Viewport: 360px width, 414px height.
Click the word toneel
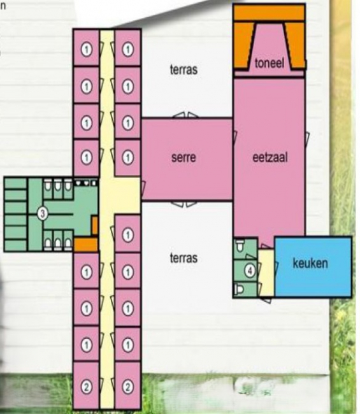coord(270,63)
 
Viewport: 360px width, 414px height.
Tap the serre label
coord(184,157)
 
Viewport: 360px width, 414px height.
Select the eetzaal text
coord(270,157)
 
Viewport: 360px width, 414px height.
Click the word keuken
coord(310,263)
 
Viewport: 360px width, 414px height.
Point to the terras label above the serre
coord(184,69)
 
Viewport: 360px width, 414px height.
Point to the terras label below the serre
coord(184,258)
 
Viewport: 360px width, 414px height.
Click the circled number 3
coord(43,213)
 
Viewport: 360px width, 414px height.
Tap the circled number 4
coord(250,270)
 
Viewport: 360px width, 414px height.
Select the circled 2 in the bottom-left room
coord(86,387)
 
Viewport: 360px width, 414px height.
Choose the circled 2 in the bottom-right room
coord(127,387)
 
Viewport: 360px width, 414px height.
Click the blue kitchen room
coord(313,267)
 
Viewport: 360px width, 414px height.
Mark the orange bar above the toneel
coord(269,13)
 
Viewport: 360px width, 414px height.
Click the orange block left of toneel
coord(243,45)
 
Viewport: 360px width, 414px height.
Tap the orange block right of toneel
coord(295,45)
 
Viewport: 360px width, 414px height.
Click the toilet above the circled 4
coord(240,246)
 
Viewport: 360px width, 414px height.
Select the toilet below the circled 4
coord(239,289)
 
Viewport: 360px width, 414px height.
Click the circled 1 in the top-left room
coord(86,49)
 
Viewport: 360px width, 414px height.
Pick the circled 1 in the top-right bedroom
coord(127,49)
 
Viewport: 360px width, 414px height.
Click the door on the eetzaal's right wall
coord(307,139)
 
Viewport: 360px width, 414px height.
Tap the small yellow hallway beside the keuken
coord(266,273)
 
